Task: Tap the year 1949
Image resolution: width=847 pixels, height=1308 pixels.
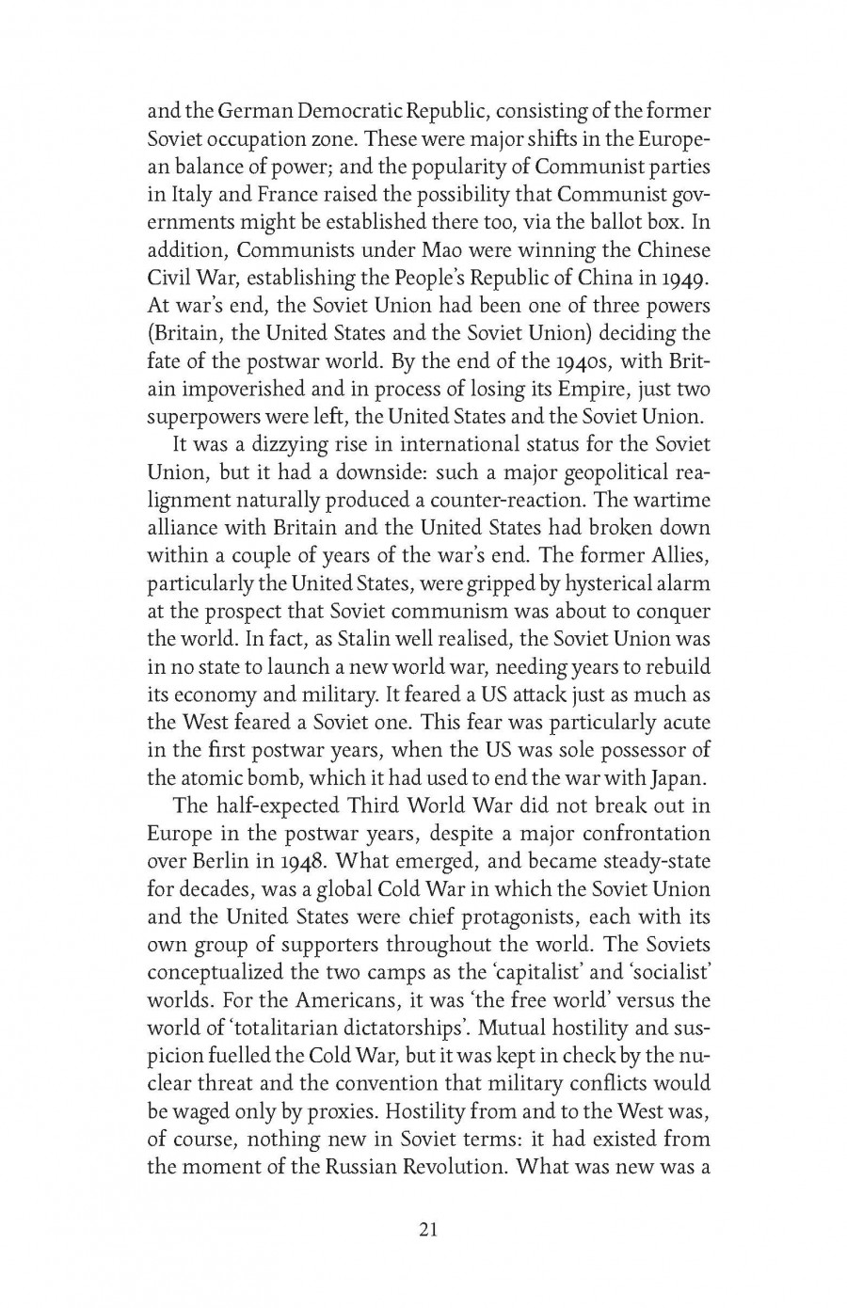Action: click(685, 279)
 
